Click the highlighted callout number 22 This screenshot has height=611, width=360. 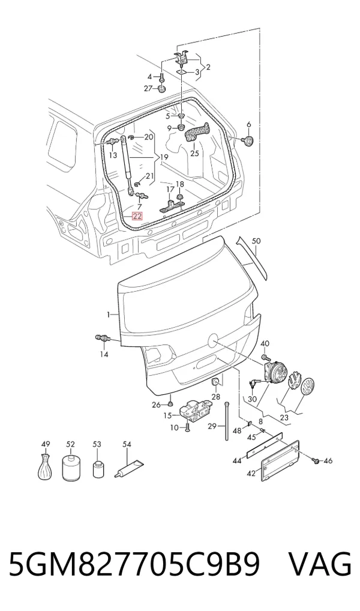click(137, 216)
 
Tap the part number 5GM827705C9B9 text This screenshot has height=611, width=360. click(134, 564)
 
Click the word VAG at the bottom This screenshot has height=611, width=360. click(320, 564)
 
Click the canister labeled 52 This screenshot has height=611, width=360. click(70, 466)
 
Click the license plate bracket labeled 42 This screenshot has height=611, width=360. click(280, 460)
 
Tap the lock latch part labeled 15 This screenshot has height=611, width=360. click(194, 410)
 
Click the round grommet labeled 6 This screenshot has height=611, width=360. click(248, 140)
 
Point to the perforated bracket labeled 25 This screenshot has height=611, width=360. click(196, 133)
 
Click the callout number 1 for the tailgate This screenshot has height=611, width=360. click(109, 314)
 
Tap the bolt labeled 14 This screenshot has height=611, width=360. click(101, 339)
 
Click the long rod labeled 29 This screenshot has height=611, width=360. click(226, 421)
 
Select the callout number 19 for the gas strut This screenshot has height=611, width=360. click(164, 157)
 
